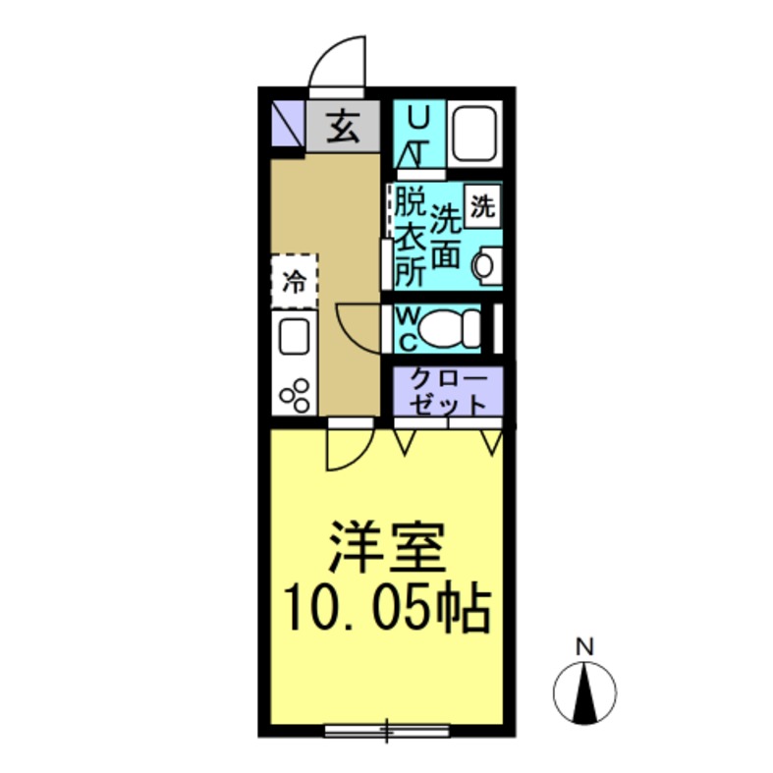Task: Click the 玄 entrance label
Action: pyautogui.click(x=342, y=127)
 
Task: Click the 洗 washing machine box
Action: pyautogui.click(x=481, y=207)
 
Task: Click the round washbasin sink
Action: pyautogui.click(x=484, y=265)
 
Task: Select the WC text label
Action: pyautogui.click(x=409, y=329)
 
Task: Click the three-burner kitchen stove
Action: pyautogui.click(x=295, y=392)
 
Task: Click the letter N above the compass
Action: pyautogui.click(x=585, y=647)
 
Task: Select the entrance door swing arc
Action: pyautogui.click(x=337, y=64)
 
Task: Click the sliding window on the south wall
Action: pyautogui.click(x=387, y=730)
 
